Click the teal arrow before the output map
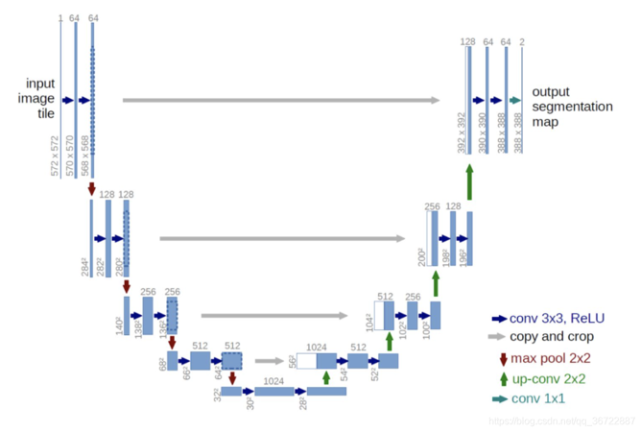(515, 100)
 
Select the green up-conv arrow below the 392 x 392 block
(469, 180)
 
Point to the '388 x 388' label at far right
(518, 133)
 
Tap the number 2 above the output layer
(522, 42)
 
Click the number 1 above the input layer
(59, 18)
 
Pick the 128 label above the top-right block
(467, 42)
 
